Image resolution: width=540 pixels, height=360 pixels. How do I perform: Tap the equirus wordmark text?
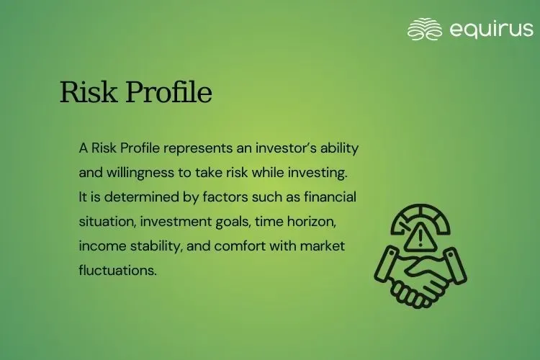click(491, 29)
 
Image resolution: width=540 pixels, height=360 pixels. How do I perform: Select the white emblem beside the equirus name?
click(424, 29)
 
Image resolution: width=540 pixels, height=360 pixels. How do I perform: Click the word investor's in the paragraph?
click(288, 148)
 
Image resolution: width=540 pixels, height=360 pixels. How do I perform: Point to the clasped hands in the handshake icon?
click(420, 277)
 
